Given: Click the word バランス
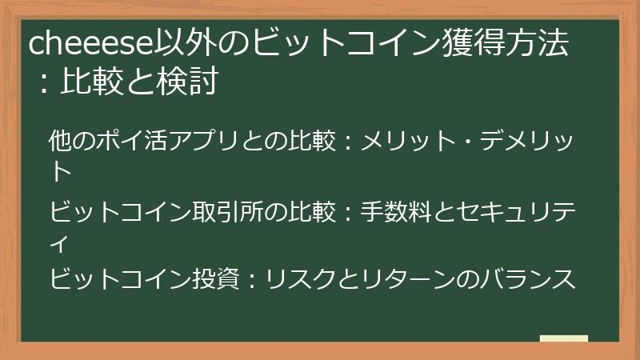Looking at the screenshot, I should [x=527, y=279].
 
